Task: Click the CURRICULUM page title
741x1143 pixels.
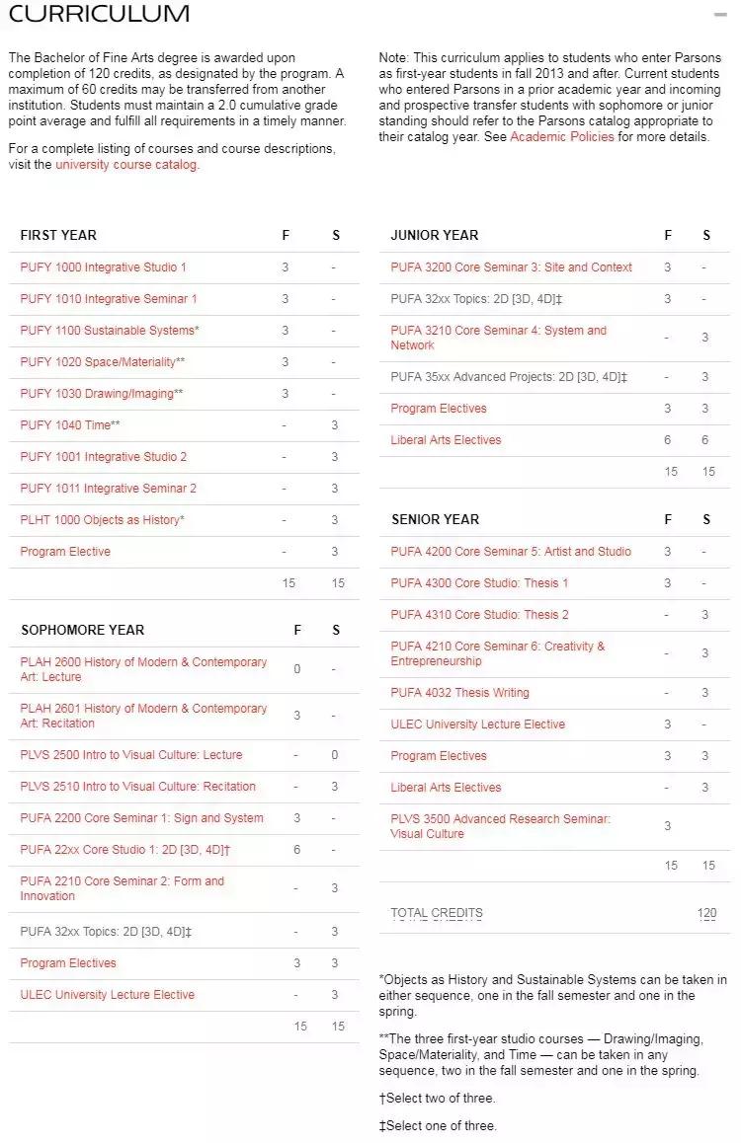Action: pos(99,14)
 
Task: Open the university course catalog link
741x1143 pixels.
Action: pos(126,165)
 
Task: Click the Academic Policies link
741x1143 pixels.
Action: pos(561,137)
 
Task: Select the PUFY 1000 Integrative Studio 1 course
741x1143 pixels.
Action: pos(103,267)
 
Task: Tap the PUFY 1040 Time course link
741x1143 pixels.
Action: pos(70,425)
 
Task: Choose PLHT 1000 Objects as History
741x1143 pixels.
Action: pos(102,520)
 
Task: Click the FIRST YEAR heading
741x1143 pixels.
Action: pos(58,235)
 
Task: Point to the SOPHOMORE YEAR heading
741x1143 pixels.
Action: pos(82,630)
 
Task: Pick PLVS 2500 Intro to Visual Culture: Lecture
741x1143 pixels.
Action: pos(130,755)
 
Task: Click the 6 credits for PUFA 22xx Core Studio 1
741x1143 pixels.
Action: pos(296,850)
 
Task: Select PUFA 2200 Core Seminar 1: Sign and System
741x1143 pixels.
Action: pos(141,818)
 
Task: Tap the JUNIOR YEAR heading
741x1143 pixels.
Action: pos(434,235)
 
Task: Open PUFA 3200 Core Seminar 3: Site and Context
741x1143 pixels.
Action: pos(511,267)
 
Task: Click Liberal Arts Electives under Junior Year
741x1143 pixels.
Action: pos(446,440)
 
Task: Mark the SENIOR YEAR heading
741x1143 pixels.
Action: pos(435,519)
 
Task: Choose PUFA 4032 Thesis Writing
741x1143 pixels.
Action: pos(459,693)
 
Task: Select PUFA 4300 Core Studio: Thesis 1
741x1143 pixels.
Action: pos(479,583)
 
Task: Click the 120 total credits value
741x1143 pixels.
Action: pos(706,913)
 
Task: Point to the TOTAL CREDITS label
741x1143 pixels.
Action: pos(437,913)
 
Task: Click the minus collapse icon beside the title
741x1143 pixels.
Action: pos(720,15)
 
